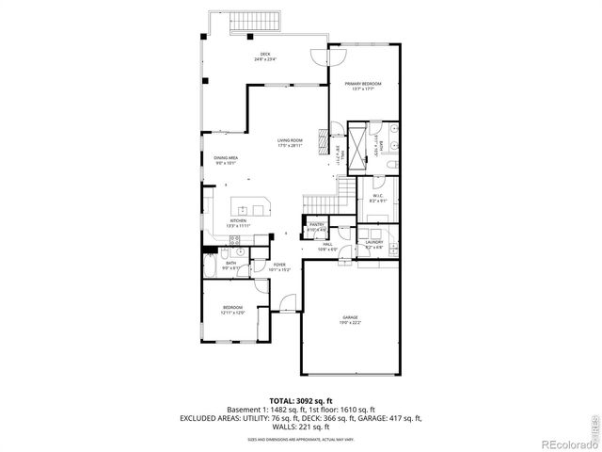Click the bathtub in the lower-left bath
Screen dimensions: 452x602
[x=211, y=267]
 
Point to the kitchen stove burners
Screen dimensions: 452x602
[x=238, y=252]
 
